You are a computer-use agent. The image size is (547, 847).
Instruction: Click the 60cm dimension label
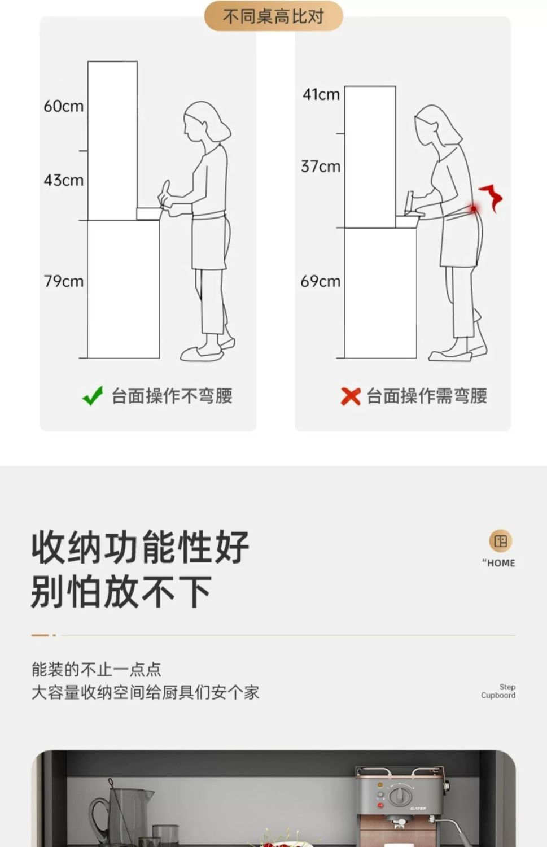point(64,106)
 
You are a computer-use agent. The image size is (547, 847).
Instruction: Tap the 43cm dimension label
point(64,180)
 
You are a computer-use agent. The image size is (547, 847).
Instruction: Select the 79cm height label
point(64,281)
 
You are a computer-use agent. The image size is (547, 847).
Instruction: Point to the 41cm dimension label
point(321,94)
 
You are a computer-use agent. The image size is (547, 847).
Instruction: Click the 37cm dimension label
point(321,167)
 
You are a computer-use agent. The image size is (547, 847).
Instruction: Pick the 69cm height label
point(321,281)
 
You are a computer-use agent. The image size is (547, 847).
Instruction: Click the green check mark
point(93,395)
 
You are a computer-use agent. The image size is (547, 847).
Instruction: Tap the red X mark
point(351,396)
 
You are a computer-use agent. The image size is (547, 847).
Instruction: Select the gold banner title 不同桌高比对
point(273,16)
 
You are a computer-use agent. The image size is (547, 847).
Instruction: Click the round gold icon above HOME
point(501,541)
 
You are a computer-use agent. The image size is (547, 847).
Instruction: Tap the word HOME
point(501,563)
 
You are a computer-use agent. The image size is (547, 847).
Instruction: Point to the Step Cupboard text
point(498,691)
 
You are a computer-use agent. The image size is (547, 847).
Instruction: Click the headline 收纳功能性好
point(140,547)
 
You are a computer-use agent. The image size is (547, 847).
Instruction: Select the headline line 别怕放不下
point(121,592)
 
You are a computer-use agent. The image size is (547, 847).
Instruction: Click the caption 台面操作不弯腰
point(172,396)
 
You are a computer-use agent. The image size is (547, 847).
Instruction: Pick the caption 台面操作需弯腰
point(427,396)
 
